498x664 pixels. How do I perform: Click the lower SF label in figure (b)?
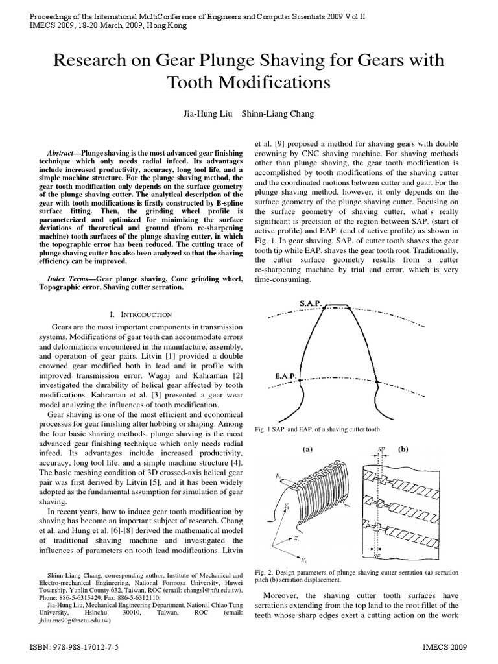pos(380,556)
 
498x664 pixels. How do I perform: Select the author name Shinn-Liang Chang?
pos(278,114)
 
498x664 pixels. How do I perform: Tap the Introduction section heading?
pos(146,314)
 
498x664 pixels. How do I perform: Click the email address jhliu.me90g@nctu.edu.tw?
pos(74,620)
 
